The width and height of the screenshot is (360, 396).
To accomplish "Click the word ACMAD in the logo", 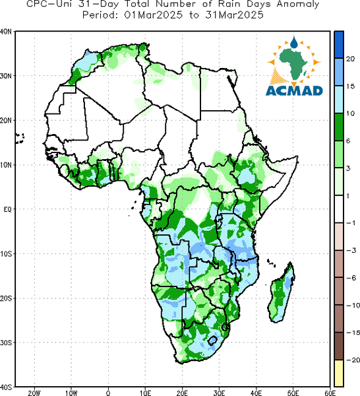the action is pos(294,91).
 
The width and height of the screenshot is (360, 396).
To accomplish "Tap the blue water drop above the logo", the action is pos(294,42).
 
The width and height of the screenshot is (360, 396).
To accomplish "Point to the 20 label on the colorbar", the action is pos(350,59).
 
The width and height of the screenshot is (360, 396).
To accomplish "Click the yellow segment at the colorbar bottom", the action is pos(339,373).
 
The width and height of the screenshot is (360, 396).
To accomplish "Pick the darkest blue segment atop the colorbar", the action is pos(339,45).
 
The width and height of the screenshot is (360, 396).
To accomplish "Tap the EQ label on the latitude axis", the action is pos(7,209).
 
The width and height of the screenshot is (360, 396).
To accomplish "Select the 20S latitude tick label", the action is pos(6,298).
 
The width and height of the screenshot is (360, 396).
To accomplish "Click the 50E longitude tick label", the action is pos(293,393).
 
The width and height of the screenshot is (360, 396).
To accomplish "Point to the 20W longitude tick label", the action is pos(34,393).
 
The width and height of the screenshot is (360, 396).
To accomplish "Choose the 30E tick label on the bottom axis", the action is pos(219,393).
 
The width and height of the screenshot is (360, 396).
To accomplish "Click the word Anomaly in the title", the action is pos(297,5).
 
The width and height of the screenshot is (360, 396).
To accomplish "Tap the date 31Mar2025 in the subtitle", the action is pos(234,15).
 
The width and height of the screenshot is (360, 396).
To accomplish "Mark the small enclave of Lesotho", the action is pos(212,341).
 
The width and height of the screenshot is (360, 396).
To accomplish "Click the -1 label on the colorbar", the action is pos(350,223).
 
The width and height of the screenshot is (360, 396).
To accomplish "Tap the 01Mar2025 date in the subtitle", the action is pos(154,15).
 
